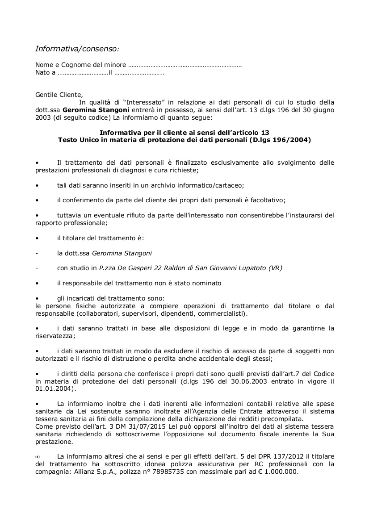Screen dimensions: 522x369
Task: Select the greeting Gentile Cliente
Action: (x=59, y=94)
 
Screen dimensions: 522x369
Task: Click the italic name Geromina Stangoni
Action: (x=122, y=253)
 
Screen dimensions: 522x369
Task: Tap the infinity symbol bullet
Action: (x=38, y=457)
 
